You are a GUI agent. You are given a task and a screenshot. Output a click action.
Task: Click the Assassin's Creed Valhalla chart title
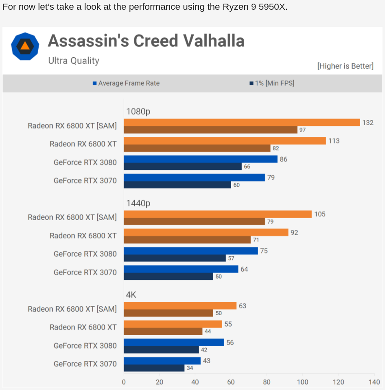tap(146, 41)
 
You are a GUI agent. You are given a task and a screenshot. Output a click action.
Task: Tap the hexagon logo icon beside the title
tap(25, 46)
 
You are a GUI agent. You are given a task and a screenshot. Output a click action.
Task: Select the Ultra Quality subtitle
tap(74, 61)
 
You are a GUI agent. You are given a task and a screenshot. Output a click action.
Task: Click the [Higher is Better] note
tap(345, 66)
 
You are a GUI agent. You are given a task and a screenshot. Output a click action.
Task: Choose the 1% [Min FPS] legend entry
tap(272, 83)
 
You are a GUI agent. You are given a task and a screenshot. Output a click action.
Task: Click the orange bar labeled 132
tap(242, 122)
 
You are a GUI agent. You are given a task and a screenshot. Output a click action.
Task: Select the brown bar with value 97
tap(210, 130)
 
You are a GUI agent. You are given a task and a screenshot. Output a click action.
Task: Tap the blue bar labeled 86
tap(200, 159)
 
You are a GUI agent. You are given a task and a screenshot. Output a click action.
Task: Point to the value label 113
tap(334, 141)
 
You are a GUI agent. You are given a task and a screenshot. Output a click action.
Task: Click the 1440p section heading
tap(138, 203)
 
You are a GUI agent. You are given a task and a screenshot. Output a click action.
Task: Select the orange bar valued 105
tap(217, 214)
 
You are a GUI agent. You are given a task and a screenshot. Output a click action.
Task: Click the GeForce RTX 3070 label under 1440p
tap(85, 272)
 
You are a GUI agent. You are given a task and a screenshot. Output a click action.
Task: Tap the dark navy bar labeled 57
tap(175, 258)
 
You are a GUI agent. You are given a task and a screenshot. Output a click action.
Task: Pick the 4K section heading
tap(131, 295)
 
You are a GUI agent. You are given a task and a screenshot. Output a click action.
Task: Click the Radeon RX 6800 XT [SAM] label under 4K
tap(72, 309)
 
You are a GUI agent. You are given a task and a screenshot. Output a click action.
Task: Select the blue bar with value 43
tap(162, 361)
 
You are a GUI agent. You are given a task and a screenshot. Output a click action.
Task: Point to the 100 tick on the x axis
tap(302, 382)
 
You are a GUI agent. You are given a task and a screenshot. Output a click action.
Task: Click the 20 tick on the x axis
tap(160, 382)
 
